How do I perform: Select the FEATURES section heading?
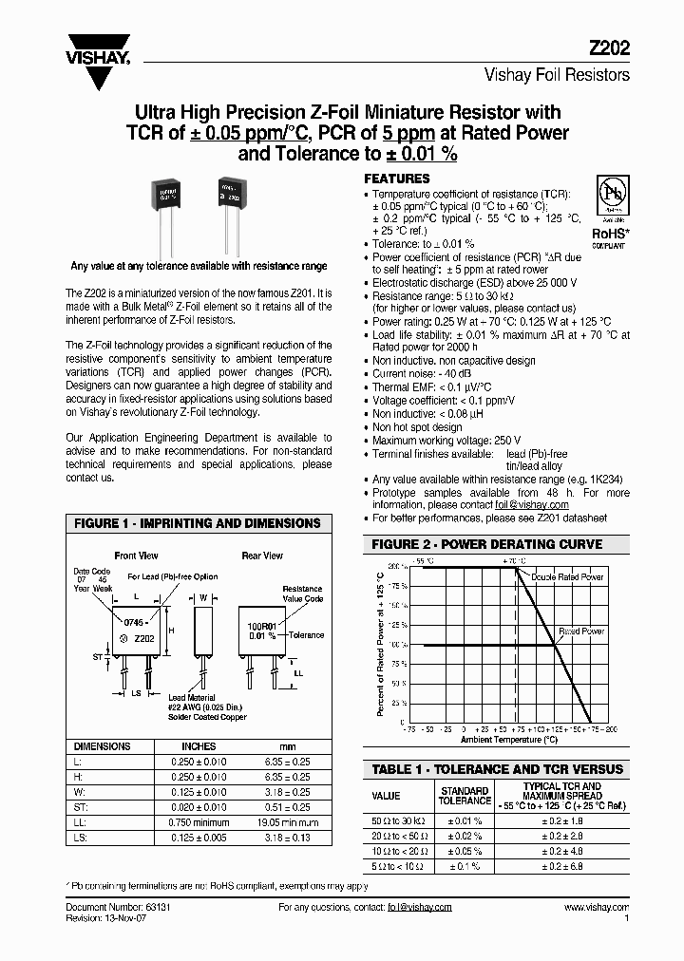click(x=397, y=179)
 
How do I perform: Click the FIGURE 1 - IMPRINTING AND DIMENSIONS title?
click(x=198, y=523)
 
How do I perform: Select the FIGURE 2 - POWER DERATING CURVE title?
click(x=486, y=544)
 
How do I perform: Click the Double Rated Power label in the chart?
click(x=567, y=577)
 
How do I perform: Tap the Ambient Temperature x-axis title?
click(x=509, y=739)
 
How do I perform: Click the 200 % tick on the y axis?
click(x=397, y=566)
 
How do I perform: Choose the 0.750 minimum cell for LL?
click(x=199, y=821)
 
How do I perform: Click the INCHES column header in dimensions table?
click(x=199, y=746)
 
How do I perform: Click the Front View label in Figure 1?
click(x=137, y=556)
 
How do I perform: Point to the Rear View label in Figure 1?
click(x=262, y=556)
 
